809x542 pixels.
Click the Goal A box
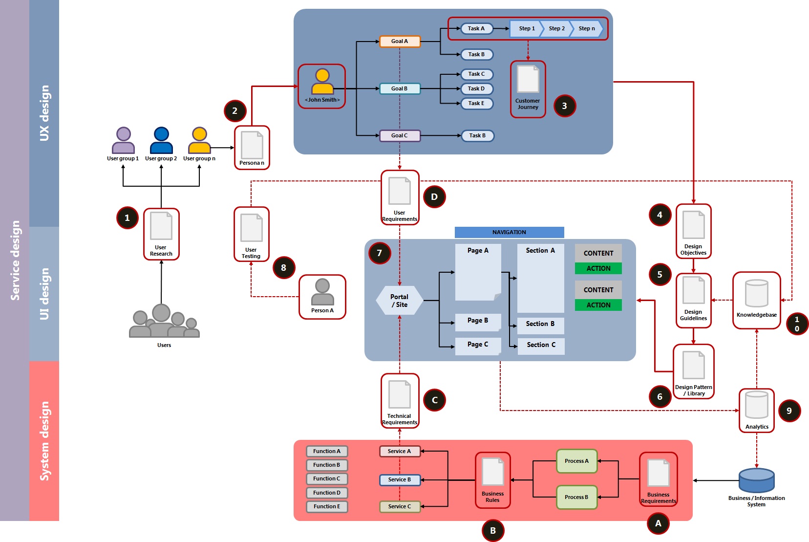pos(400,42)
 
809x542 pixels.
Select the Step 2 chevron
pos(556,29)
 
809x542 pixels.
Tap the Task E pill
pos(476,104)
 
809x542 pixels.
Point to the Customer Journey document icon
pos(528,79)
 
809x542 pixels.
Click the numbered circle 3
pos(565,106)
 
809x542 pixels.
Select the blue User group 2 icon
pos(161,141)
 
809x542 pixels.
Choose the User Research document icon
pos(161,226)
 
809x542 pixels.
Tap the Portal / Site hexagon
pos(400,301)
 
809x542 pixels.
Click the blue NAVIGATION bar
pos(509,232)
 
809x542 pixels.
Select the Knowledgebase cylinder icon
pos(756,293)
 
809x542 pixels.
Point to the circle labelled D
pos(434,197)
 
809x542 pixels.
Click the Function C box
pos(327,479)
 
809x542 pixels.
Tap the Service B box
pos(400,480)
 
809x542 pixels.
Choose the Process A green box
pos(576,461)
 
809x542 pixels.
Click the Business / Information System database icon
pos(756,480)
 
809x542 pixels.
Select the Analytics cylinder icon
pos(756,405)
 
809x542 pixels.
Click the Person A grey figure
pos(322,292)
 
